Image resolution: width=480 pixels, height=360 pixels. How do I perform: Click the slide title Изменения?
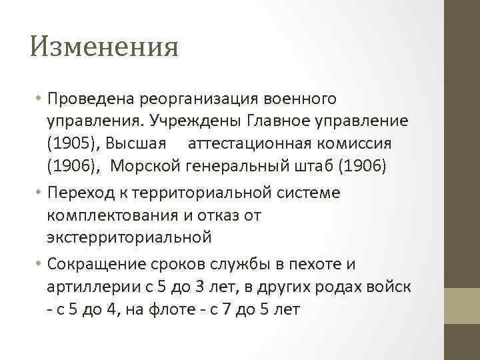tap(105, 47)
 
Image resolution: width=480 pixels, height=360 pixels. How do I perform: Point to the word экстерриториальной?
tap(129, 237)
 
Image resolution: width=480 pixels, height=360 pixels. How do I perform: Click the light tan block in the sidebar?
tap(462, 305)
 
